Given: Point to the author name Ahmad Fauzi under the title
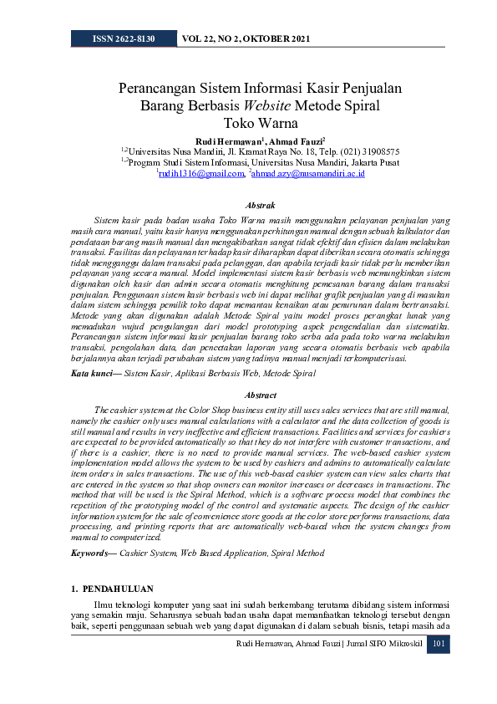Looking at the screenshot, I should [x=294, y=140].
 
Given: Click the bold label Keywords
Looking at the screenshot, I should [x=92, y=554].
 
